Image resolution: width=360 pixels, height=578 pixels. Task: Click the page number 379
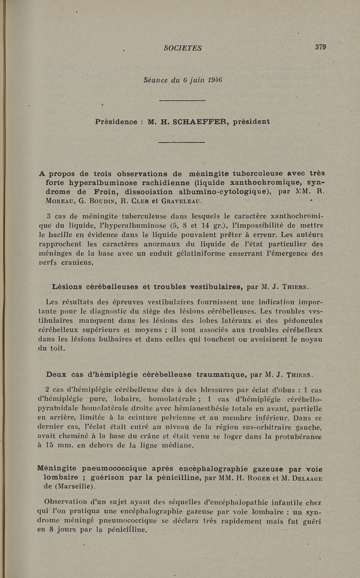click(320, 47)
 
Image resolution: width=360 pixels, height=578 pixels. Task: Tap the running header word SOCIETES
click(183, 48)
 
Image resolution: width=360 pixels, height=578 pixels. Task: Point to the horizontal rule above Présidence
click(182, 100)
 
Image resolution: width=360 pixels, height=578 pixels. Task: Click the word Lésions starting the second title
click(69, 287)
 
